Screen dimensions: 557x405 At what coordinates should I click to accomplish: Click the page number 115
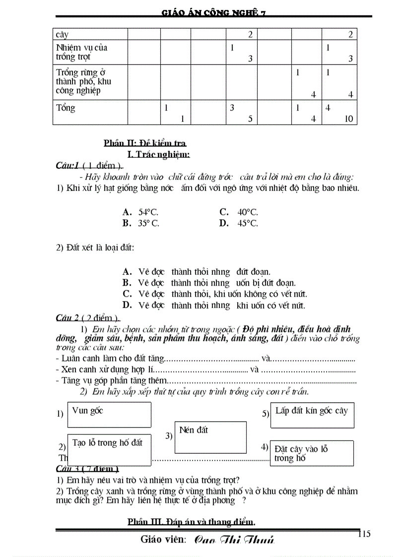point(363,534)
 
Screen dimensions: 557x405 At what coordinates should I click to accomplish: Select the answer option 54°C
point(148,212)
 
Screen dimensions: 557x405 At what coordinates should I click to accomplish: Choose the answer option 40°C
point(247,212)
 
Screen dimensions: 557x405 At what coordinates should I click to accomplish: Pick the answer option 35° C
point(148,223)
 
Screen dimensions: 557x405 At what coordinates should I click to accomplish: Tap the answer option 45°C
point(247,223)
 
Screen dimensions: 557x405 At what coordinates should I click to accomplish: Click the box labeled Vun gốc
point(109,415)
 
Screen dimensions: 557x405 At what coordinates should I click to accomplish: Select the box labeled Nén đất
point(210,437)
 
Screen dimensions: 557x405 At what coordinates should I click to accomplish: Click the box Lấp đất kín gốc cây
point(312,415)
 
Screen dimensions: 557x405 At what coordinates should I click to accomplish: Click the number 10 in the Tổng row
point(348,119)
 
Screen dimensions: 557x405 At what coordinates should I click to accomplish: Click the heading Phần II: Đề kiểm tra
point(145,143)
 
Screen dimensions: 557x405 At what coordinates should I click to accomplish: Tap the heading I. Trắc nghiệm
point(159,154)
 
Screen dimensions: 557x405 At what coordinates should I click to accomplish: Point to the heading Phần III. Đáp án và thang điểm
point(192,521)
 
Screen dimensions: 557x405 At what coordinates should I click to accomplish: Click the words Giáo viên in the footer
point(163,539)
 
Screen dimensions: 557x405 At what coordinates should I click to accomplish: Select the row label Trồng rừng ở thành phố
point(83,81)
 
